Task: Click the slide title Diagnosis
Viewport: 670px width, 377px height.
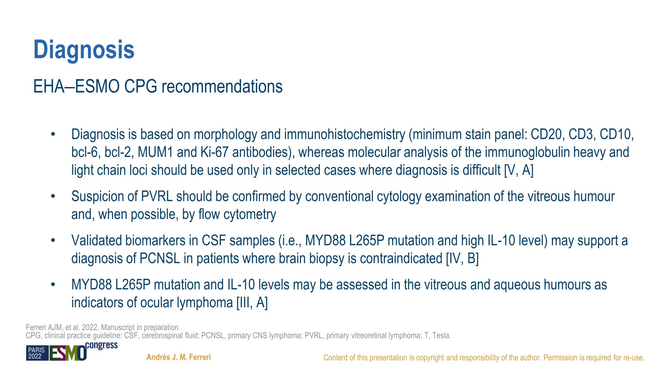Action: click(x=84, y=50)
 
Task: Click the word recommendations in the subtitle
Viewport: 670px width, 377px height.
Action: click(x=222, y=87)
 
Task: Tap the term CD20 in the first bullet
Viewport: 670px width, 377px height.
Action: click(x=548, y=134)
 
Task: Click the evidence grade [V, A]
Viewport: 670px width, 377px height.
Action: click(x=519, y=171)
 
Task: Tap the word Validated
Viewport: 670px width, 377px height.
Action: click(x=97, y=241)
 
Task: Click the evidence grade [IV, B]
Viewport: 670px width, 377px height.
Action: click(x=462, y=259)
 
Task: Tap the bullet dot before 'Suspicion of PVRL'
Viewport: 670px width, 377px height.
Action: click(x=53, y=197)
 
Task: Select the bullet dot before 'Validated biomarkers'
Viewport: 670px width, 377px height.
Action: click(x=53, y=241)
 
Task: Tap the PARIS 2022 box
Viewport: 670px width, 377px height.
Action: click(x=37, y=353)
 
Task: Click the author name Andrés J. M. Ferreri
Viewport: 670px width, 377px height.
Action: click(x=179, y=357)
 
